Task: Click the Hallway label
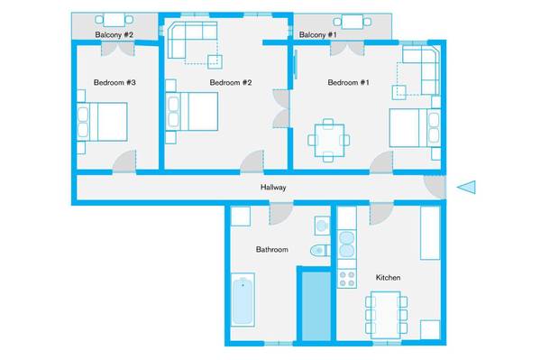coord(273,188)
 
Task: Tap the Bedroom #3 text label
coord(114,82)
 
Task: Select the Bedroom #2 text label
coord(231,82)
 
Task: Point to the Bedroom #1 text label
coord(349,82)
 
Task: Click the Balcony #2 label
coord(114,35)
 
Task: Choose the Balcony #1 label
coord(318,35)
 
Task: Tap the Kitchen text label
coord(388,278)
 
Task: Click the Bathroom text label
coord(272,249)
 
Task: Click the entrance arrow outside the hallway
coord(467,188)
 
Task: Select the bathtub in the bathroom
coord(243,300)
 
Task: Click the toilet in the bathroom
coord(320,250)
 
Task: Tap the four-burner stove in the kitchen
coord(347,279)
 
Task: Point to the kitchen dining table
coord(386,315)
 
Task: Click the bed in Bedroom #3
coord(102,122)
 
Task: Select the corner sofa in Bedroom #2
coord(191,40)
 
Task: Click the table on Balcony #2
coord(114,20)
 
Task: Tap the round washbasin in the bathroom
coord(322,226)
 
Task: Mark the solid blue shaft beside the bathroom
coord(316,306)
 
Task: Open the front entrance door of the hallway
coord(435,188)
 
